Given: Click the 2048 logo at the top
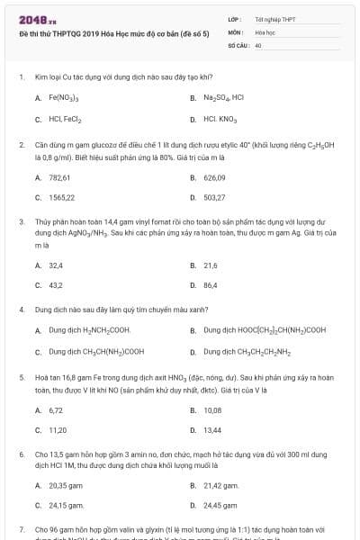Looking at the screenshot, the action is (31, 19).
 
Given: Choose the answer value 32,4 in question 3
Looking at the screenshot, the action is (56, 265).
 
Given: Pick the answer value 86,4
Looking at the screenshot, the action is (211, 285).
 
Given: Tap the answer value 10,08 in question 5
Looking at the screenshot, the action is (212, 409).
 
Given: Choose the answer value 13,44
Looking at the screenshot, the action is (212, 429).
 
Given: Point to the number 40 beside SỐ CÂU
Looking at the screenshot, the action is (258, 44).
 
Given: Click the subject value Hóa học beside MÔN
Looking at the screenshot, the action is (265, 31).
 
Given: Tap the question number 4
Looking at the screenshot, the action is (21, 309).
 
